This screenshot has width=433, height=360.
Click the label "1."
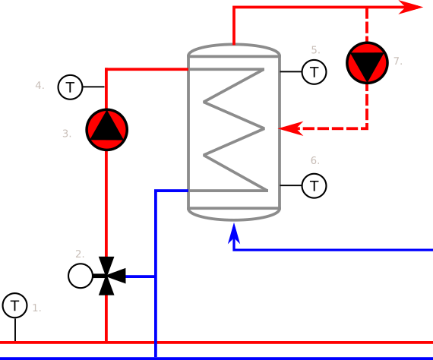click(36, 308)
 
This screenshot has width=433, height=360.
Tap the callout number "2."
click(80, 254)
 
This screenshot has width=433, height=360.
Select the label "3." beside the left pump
click(67, 134)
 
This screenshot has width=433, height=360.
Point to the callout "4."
click(40, 85)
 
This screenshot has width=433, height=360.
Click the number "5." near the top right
click(315, 50)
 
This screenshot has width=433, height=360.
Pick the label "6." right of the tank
click(314, 160)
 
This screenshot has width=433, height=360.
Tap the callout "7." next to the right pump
click(397, 61)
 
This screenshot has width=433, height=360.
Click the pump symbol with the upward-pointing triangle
click(106, 129)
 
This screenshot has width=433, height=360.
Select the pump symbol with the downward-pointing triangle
click(367, 63)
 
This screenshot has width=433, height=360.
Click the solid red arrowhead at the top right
click(411, 8)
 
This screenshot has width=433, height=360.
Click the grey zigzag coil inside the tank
click(234, 129)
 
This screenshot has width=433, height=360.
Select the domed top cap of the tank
click(234, 49)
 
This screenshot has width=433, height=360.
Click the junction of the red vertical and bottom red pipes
click(106, 343)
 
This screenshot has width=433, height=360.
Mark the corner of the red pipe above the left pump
click(106, 69)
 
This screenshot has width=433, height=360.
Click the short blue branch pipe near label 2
click(141, 276)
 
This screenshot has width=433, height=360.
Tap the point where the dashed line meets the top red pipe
click(367, 8)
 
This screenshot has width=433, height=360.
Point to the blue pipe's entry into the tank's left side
click(188, 191)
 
